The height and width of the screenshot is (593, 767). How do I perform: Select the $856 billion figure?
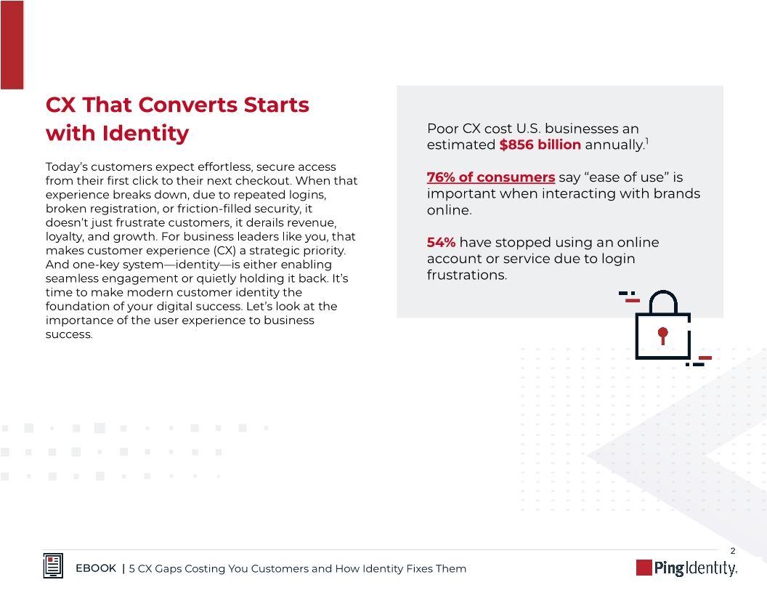[x=540, y=145]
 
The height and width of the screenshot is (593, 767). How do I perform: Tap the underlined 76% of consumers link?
[x=490, y=177]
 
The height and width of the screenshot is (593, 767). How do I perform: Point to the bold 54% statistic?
[x=441, y=243]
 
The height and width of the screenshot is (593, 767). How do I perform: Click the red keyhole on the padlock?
[x=662, y=334]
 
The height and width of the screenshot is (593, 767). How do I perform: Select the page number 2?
[x=733, y=550]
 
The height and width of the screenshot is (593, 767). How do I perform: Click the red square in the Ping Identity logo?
[x=644, y=568]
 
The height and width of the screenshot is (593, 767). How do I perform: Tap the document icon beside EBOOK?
[x=53, y=567]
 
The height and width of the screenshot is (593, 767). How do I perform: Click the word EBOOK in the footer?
[x=96, y=568]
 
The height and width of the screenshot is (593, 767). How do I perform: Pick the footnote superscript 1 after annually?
[x=646, y=140]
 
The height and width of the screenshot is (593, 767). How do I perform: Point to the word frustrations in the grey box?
[x=466, y=275]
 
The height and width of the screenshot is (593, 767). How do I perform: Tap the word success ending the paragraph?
[x=68, y=335]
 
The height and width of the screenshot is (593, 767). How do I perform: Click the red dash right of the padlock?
[x=705, y=358]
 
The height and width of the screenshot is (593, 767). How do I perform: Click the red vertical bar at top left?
[x=12, y=44]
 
